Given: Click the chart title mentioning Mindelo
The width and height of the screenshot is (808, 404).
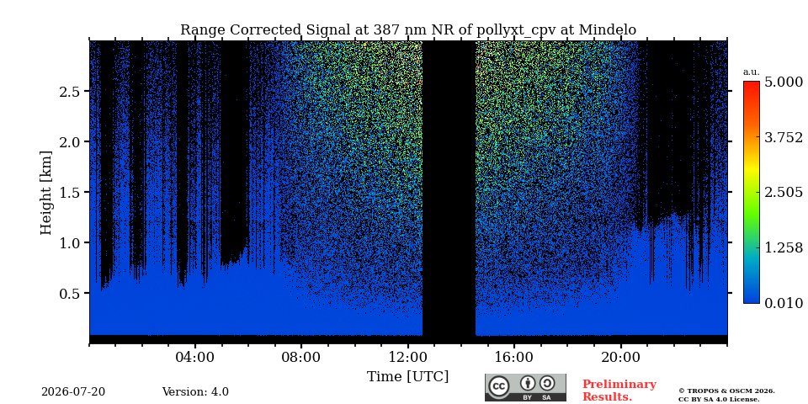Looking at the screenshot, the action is [x=408, y=30].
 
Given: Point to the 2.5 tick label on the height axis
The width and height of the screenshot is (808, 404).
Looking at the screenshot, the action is [x=71, y=91].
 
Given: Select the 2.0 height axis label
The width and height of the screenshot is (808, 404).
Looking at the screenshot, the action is [x=71, y=141].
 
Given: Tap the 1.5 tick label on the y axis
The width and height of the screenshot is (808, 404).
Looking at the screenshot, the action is [x=71, y=192].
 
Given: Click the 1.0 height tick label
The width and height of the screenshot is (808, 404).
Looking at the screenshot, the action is [x=71, y=242].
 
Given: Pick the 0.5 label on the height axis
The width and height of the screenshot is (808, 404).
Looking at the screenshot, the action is [x=71, y=293].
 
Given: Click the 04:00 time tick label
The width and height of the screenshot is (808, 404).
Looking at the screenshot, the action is [x=195, y=357].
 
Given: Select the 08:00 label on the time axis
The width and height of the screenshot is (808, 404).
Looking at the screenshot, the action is [x=301, y=357].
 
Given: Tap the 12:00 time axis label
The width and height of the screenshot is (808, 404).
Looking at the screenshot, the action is [x=408, y=357].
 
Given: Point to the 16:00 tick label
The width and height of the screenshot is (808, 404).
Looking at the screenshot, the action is [x=514, y=357].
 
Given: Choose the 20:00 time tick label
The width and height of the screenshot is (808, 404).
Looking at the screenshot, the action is [x=621, y=357].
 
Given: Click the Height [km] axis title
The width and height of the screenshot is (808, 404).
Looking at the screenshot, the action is [x=46, y=193].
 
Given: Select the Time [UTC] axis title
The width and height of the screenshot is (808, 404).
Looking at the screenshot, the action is [x=407, y=377].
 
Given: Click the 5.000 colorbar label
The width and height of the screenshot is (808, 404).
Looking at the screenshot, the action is [x=784, y=82].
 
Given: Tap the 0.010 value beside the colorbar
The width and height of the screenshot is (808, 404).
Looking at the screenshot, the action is [x=784, y=303].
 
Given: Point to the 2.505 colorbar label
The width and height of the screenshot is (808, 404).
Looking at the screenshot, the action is [x=784, y=193].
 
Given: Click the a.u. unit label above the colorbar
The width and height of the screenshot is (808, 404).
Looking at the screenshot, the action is [x=752, y=72].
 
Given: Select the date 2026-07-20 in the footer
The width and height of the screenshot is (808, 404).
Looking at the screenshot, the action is [x=73, y=392].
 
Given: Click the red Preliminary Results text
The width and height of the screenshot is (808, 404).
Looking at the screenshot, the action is [x=619, y=390].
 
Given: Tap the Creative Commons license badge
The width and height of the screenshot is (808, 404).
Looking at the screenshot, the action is [x=525, y=387].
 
